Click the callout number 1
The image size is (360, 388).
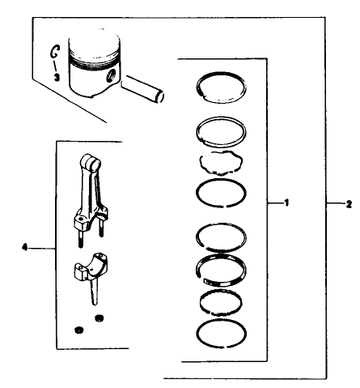pyautogui.click(x=286, y=203)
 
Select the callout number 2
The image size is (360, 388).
pyautogui.click(x=347, y=203)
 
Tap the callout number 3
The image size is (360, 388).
pyautogui.click(x=56, y=77)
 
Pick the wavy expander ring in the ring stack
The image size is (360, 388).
pyautogui.click(x=220, y=162)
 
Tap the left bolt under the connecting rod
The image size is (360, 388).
pyautogui.click(x=81, y=237)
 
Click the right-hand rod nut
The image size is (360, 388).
pyautogui.click(x=100, y=316)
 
